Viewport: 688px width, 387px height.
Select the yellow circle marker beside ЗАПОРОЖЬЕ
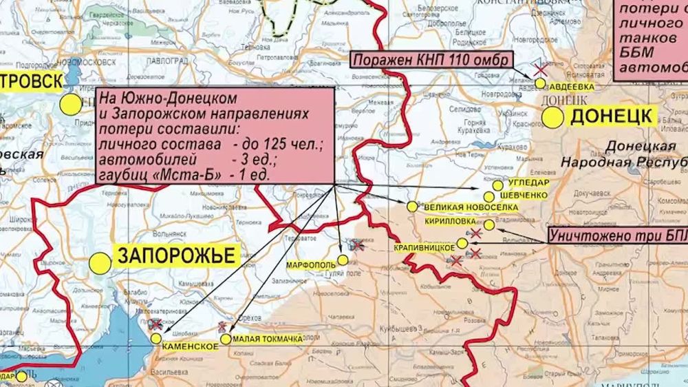coord(100,262)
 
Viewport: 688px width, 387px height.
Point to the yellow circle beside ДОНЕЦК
coord(552,117)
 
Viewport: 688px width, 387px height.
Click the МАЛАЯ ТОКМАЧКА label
coord(267,339)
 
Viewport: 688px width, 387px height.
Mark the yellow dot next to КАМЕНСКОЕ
coord(156,338)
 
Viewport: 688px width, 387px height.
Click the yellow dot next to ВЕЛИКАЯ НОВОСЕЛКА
coord(412,206)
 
